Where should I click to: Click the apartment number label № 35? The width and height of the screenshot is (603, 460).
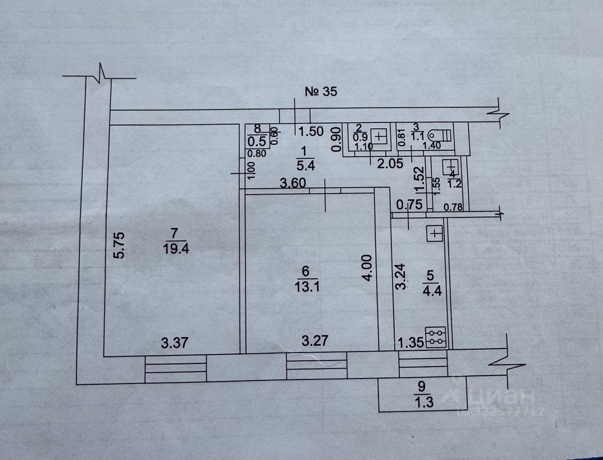click(x=321, y=91)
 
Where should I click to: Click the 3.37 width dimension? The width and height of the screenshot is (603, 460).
click(x=175, y=343)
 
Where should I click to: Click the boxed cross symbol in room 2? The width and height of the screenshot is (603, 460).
click(x=381, y=137)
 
